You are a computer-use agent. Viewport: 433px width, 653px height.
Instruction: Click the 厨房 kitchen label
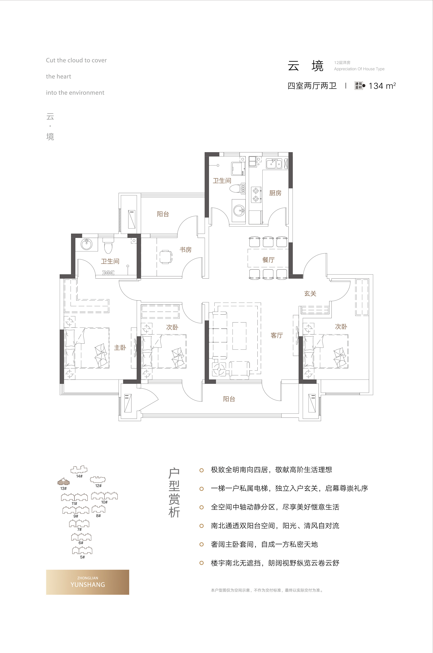click(x=275, y=193)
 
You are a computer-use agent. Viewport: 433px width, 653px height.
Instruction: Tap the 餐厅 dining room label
click(x=268, y=260)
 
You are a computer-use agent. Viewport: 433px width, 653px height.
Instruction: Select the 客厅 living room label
click(x=277, y=335)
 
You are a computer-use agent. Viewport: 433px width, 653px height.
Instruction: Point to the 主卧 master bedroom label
click(x=120, y=348)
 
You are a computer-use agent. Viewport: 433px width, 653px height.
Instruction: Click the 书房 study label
click(x=186, y=249)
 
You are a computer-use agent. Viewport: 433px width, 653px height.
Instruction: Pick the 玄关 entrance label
click(x=310, y=294)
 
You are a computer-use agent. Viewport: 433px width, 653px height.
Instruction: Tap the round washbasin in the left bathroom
click(x=87, y=244)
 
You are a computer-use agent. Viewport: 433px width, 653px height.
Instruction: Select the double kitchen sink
click(x=274, y=164)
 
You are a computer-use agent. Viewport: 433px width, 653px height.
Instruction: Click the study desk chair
click(x=166, y=257)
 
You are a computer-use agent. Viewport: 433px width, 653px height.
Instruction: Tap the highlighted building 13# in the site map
click(x=64, y=482)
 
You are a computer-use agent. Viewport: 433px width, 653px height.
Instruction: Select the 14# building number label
click(x=79, y=476)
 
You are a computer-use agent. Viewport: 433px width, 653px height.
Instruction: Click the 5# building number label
click(x=82, y=557)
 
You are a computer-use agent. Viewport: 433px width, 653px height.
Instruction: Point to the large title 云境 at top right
click(x=305, y=66)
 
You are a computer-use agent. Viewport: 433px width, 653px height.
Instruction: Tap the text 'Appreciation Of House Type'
click(x=359, y=69)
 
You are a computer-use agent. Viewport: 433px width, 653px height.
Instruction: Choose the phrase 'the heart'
click(x=59, y=76)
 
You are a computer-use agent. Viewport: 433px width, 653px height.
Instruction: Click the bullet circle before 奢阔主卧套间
click(x=202, y=544)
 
